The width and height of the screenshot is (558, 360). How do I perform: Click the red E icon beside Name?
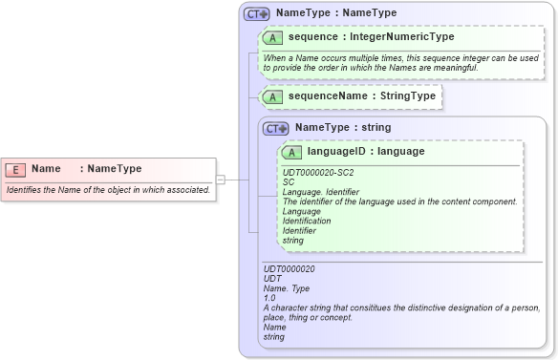[15, 169]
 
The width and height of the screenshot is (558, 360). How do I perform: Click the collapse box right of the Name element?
[220, 179]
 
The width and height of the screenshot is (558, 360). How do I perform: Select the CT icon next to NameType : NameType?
[257, 14]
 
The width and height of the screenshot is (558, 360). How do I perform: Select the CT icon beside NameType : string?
[276, 128]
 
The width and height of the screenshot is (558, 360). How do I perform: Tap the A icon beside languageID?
[292, 152]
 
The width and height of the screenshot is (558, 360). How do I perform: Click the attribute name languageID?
[337, 151]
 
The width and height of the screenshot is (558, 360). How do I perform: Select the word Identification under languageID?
[307, 221]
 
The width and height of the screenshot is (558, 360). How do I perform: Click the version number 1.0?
[269, 298]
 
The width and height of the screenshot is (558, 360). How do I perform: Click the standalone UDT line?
[272, 279]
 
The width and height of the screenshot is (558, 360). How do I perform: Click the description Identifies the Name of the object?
[108, 190]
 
